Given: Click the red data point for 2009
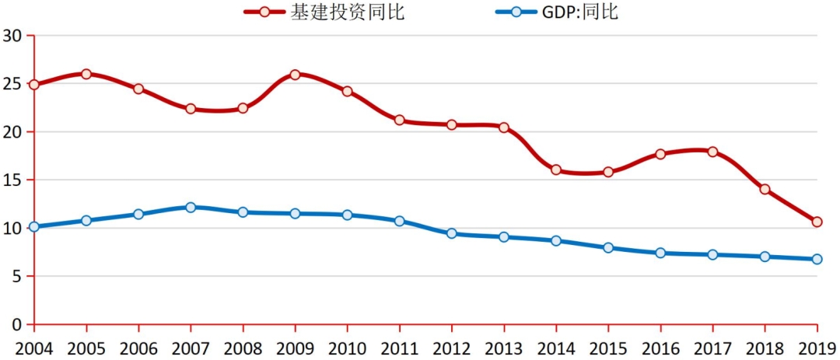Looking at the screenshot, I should point(295,75).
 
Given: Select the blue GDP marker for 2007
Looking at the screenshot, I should point(191,208).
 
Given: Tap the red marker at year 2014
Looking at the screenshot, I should point(556,170).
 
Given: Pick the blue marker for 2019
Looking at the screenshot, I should point(817,259).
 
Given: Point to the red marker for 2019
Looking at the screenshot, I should point(817,222).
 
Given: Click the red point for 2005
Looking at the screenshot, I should point(86,74).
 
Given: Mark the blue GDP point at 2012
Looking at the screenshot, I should point(451,233).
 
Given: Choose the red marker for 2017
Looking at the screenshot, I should point(712,152).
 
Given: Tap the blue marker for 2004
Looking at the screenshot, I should point(34,227).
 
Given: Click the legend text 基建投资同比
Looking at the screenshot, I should point(348,12).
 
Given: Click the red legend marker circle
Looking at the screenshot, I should point(265,12).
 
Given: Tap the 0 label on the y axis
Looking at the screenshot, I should point(16,324).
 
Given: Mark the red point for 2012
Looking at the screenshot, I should point(451,124).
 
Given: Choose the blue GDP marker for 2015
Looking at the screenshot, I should point(608,248).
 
